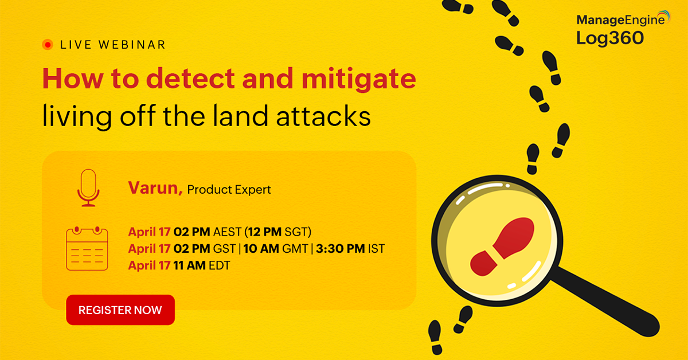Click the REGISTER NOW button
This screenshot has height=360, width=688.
[120, 310]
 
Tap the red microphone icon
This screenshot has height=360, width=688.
[88, 187]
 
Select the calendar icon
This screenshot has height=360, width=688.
[87, 248]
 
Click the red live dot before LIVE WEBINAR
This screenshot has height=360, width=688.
[48, 45]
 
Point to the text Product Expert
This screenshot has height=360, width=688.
[229, 189]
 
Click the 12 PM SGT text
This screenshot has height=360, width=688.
[280, 233]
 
